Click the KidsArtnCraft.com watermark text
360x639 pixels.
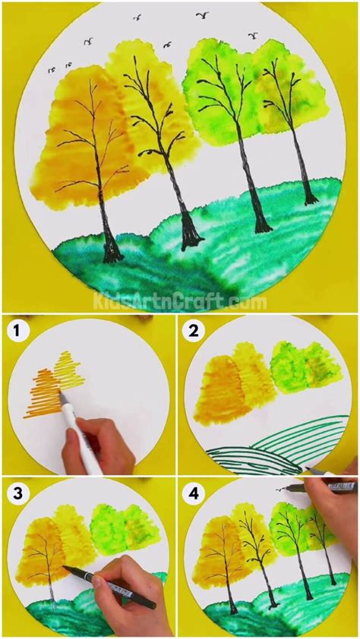coord(179,302)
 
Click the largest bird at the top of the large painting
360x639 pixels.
coord(203,14)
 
